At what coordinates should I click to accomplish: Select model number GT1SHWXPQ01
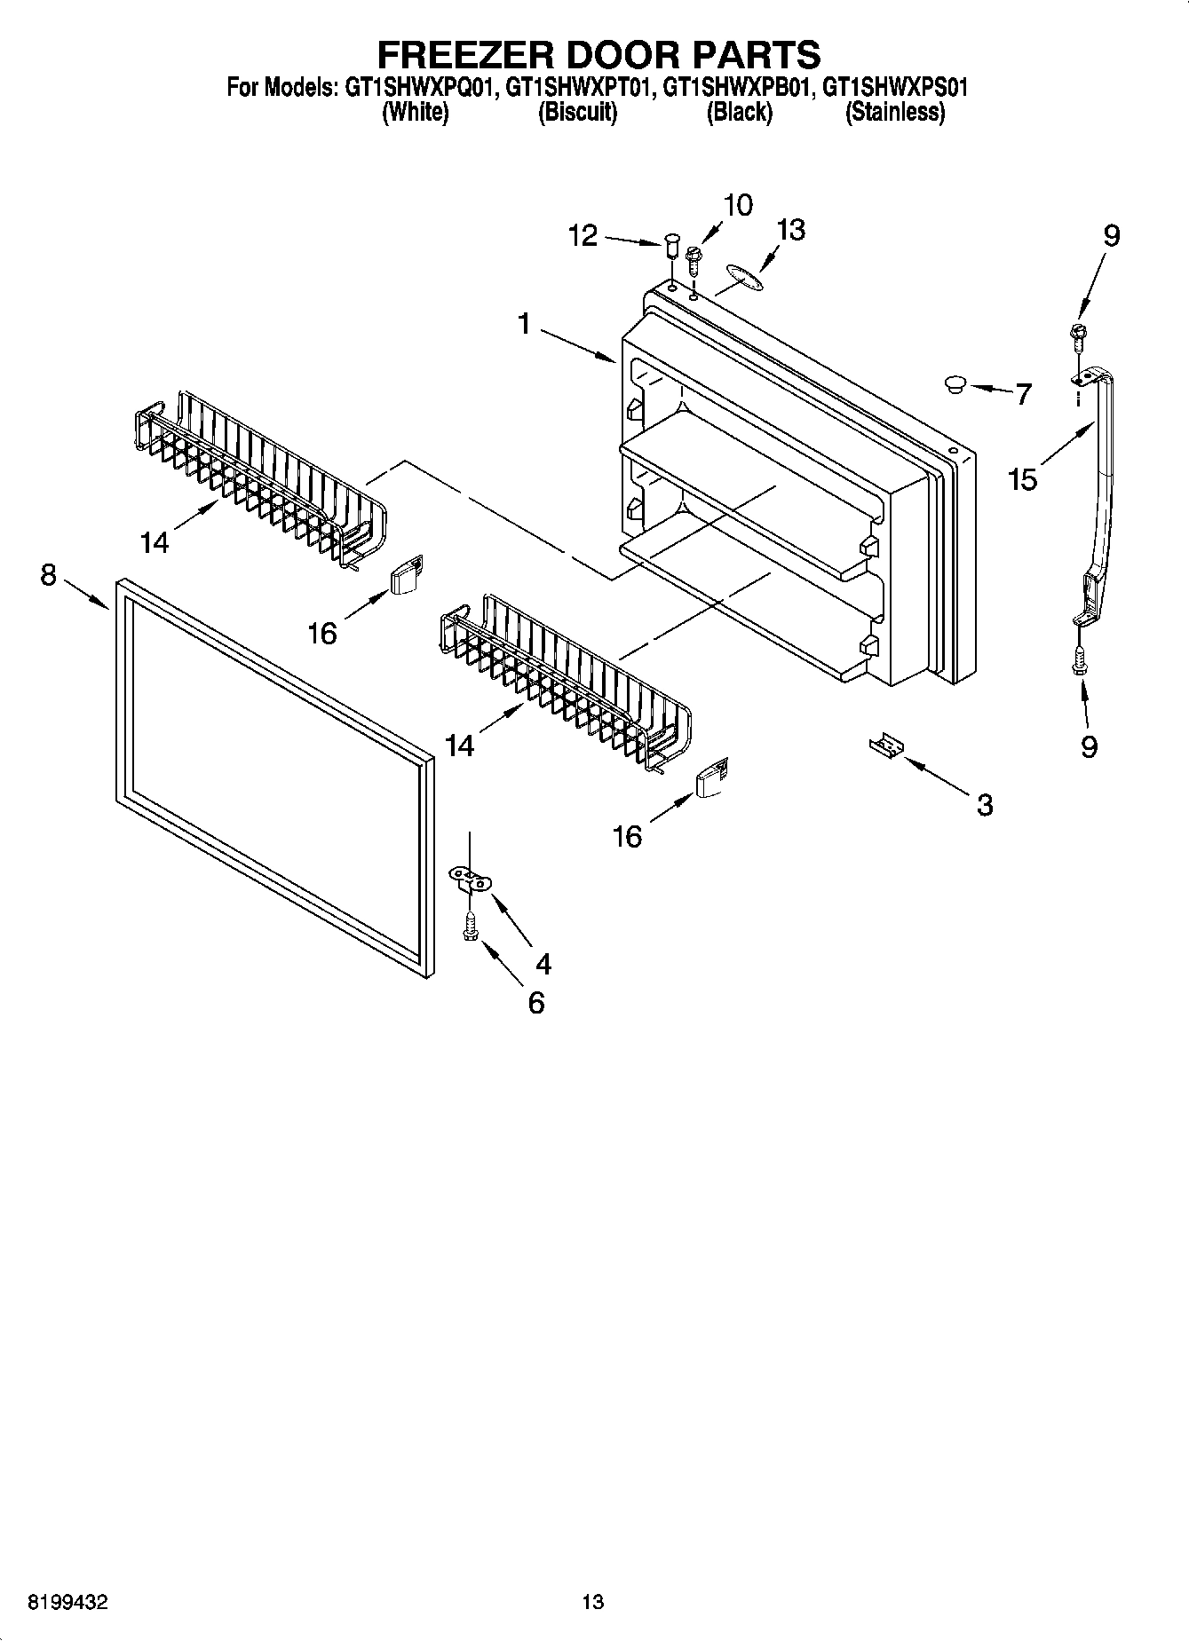pyautogui.click(x=418, y=88)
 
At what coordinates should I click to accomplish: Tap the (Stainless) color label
pyautogui.click(x=894, y=113)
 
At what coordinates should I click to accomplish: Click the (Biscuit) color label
pyautogui.click(x=577, y=113)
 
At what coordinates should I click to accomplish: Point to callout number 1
pyautogui.click(x=524, y=325)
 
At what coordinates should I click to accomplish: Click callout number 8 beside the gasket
pyautogui.click(x=49, y=575)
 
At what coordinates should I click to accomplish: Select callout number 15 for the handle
pyautogui.click(x=1022, y=480)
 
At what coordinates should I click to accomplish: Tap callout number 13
pyautogui.click(x=789, y=229)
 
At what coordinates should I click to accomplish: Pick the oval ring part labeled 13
pyautogui.click(x=741, y=276)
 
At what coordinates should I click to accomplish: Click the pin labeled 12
pyautogui.click(x=672, y=244)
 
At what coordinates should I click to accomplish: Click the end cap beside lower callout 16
pyautogui.click(x=712, y=778)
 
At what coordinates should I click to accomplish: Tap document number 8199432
pyautogui.click(x=68, y=1602)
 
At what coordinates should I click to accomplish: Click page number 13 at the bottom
pyautogui.click(x=592, y=1602)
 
